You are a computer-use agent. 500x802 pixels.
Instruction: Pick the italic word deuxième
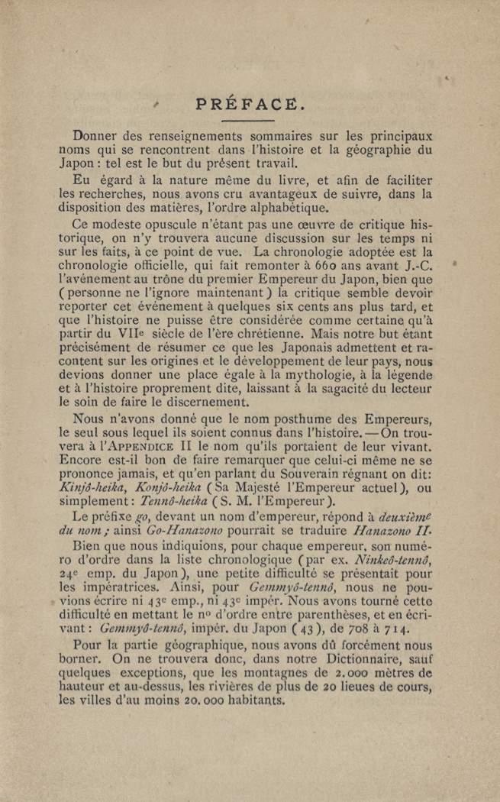click(x=402, y=516)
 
